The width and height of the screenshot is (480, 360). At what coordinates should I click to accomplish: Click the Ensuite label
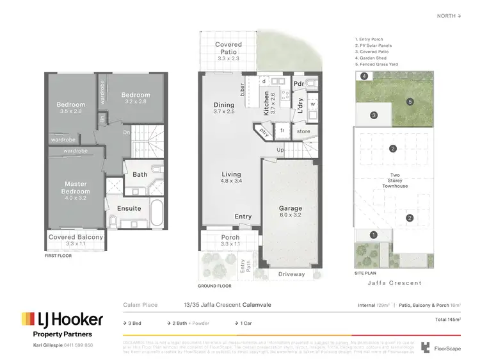tap(129, 208)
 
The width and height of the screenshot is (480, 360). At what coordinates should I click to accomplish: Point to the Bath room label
tap(140, 174)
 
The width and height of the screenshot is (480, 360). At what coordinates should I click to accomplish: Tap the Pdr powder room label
tap(299, 84)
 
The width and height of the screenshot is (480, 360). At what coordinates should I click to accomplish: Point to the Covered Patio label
tap(228, 49)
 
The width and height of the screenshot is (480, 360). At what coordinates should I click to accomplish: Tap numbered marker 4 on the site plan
tap(364, 77)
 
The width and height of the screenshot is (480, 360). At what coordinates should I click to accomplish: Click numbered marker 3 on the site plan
tap(374, 115)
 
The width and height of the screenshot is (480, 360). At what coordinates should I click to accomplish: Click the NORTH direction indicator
tap(447, 16)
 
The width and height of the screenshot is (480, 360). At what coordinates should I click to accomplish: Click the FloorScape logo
tap(442, 348)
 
